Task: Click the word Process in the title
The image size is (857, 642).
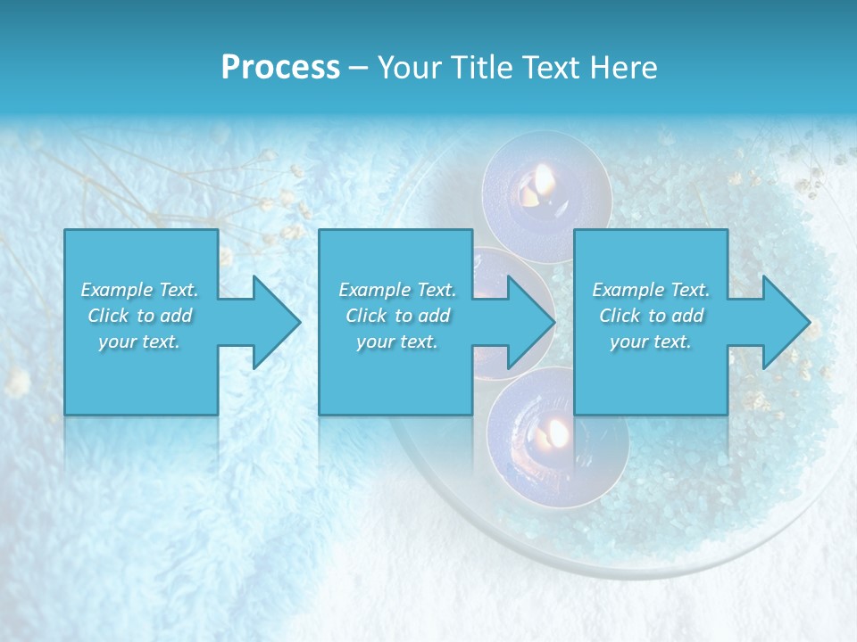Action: (x=280, y=68)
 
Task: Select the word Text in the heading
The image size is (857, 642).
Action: (x=549, y=68)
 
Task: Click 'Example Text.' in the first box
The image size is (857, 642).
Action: (x=140, y=290)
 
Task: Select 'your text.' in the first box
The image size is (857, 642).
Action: (x=140, y=342)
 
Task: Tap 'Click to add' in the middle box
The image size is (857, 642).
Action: (x=397, y=316)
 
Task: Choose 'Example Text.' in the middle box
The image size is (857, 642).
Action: (x=397, y=290)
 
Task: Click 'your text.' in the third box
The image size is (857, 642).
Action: (x=651, y=342)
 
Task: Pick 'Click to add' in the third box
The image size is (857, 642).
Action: (x=651, y=316)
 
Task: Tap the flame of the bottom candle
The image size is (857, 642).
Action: (x=557, y=433)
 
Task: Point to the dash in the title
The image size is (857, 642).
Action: (x=358, y=68)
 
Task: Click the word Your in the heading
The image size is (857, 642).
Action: (x=407, y=68)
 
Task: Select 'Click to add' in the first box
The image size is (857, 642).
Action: (x=140, y=316)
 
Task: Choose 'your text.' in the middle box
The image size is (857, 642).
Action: (x=397, y=342)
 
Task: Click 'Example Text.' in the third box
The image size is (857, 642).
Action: (x=651, y=290)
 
